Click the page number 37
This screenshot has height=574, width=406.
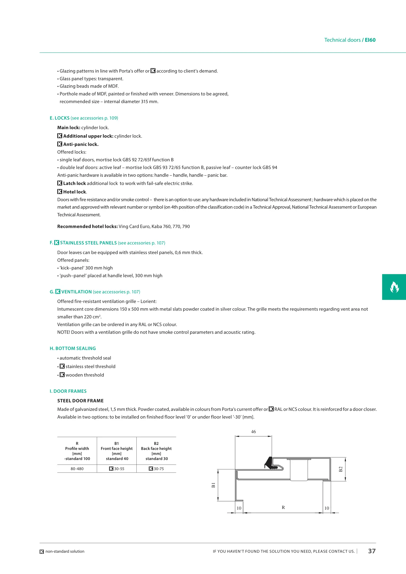[x=372, y=551]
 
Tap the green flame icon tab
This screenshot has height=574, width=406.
[x=394, y=287]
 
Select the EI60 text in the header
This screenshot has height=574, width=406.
[x=370, y=40]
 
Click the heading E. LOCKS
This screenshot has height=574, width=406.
[x=60, y=118]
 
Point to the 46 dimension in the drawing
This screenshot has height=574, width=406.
[x=253, y=432]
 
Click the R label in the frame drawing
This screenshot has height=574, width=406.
[x=283, y=507]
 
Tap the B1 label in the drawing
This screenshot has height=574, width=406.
[x=213, y=485]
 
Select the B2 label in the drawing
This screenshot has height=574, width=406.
[x=341, y=469]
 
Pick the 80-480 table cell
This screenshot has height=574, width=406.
[x=77, y=469]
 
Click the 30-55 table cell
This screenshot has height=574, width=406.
[x=117, y=469]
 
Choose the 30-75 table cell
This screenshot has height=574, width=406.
[x=156, y=469]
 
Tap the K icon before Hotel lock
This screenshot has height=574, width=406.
[x=60, y=192]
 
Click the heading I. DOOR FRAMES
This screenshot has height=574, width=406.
[x=68, y=391]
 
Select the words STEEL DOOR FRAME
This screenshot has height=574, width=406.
[x=80, y=401]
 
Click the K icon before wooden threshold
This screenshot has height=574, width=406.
[x=62, y=375]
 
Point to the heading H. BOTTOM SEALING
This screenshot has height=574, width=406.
[x=73, y=348]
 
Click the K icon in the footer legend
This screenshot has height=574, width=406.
[x=42, y=552]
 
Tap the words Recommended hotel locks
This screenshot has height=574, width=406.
[x=87, y=226]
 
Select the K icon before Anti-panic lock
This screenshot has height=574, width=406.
[x=60, y=144]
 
